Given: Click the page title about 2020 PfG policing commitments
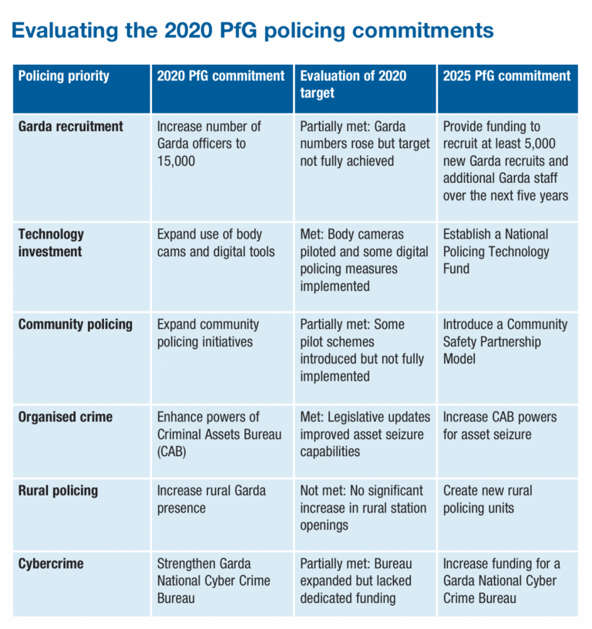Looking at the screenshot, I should pyautogui.click(x=252, y=31).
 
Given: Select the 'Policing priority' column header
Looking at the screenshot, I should pyautogui.click(x=64, y=76).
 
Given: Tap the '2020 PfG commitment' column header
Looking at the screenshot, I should pyautogui.click(x=220, y=76).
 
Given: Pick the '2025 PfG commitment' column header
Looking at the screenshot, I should pyautogui.click(x=506, y=76).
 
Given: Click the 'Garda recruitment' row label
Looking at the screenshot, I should pyautogui.click(x=71, y=127).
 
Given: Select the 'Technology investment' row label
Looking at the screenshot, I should pyautogui.click(x=52, y=242).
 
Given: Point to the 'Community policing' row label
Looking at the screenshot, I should pyautogui.click(x=76, y=324).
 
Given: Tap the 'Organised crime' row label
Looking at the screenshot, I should pyautogui.click(x=66, y=417).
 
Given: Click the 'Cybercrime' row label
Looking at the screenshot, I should pyautogui.click(x=49, y=563).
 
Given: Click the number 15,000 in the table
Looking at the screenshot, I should pyautogui.click(x=178, y=161).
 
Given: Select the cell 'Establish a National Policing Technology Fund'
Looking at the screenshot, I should pyautogui.click(x=496, y=251).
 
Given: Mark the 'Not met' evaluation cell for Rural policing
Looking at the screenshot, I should pyautogui.click(x=362, y=507).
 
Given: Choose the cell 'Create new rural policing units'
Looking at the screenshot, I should pyautogui.click(x=487, y=499).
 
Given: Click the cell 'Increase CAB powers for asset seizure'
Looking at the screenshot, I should pyautogui.click(x=498, y=425).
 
